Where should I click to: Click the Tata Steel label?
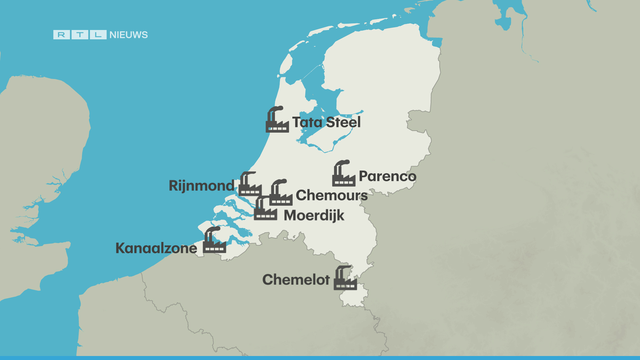tap(326, 122)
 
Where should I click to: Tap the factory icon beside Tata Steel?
tap(277, 120)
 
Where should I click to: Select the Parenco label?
tap(387, 176)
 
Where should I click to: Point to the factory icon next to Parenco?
tap(343, 174)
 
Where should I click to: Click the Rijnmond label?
tap(202, 186)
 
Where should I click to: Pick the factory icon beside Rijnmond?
tap(250, 185)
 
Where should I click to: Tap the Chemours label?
tap(332, 195)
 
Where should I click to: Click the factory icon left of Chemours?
tap(281, 194)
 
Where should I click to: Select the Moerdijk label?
tap(314, 216)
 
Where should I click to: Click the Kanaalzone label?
tap(156, 248)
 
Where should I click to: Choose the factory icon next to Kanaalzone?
tap(214, 241)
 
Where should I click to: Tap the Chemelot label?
tap(296, 280)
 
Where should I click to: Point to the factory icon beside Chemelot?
tap(345, 279)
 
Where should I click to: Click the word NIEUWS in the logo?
tap(128, 35)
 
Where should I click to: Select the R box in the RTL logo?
tap(62, 35)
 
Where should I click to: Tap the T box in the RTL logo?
tap(80, 35)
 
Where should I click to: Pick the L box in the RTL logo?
tap(98, 35)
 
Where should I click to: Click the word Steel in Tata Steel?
tap(343, 122)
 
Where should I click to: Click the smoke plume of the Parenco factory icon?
tap(343, 163)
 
